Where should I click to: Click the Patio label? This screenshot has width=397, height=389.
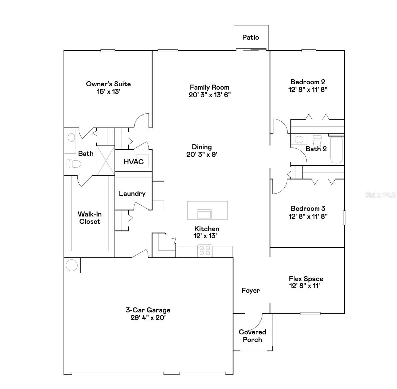click(250, 37)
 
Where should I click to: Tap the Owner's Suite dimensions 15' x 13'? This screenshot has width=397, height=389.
click(108, 92)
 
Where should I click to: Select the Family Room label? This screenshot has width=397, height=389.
click(209, 87)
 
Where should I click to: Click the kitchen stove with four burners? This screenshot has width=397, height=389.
click(205, 250)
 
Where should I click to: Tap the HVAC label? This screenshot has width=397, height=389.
click(134, 162)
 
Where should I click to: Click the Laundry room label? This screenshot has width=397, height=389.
click(132, 194)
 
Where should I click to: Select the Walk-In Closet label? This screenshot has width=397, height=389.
click(90, 218)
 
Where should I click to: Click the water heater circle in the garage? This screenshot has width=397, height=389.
click(72, 265)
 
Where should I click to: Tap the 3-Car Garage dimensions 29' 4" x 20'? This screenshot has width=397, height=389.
click(148, 318)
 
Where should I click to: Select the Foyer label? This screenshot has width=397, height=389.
click(250, 290)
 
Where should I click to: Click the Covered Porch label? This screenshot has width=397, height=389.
click(252, 336)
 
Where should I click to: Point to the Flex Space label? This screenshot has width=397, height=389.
click(306, 279)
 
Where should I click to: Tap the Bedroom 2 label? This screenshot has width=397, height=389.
click(308, 82)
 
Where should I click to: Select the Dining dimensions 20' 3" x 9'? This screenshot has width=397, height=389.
click(202, 155)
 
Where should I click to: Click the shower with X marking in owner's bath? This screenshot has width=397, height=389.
click(106, 161)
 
